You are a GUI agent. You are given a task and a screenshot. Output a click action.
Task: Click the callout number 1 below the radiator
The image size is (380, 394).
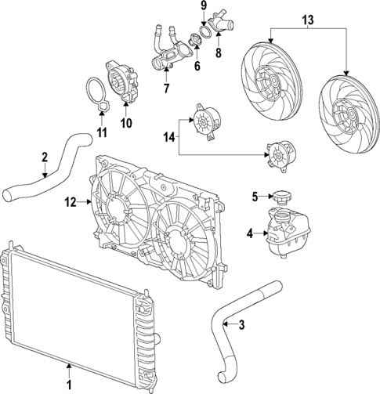click(69, 364)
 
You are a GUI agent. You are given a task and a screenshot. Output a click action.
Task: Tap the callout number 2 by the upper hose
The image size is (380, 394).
click(45, 156)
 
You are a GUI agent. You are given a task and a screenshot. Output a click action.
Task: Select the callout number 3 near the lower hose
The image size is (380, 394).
click(242, 325)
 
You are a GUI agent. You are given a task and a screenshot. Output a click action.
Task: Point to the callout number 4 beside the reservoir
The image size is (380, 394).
click(250, 233)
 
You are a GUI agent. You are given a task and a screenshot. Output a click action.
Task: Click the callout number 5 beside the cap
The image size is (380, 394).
click(254, 196)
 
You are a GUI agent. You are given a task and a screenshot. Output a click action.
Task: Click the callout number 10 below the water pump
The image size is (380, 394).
click(126, 122)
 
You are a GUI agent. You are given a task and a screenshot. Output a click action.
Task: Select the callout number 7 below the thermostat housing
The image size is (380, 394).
click(165, 89)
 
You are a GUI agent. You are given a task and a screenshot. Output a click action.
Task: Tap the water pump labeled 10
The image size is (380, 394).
click(119, 81)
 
